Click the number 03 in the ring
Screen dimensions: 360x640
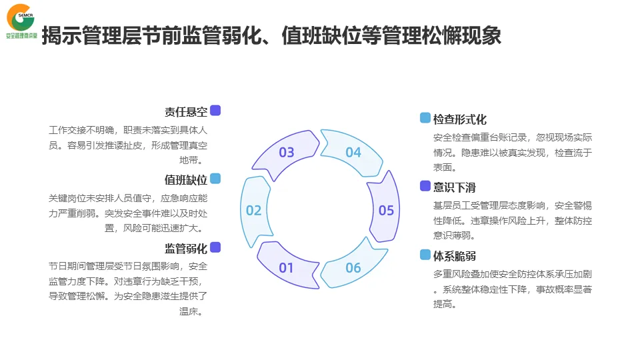(x=287, y=153)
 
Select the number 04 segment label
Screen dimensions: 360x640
(x=353, y=153)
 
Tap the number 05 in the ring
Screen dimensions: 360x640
(x=387, y=211)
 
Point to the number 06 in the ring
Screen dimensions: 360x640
(x=353, y=268)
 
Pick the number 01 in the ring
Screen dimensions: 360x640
(x=287, y=268)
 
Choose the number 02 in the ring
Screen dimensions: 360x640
(x=254, y=211)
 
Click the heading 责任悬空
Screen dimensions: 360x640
(x=186, y=111)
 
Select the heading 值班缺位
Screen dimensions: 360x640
(x=186, y=180)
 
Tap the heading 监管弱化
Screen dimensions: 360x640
(x=186, y=249)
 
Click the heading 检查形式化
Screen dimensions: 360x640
(x=460, y=119)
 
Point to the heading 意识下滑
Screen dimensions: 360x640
(x=455, y=187)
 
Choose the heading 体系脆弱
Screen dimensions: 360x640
(x=455, y=256)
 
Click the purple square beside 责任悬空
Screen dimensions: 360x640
(x=215, y=111)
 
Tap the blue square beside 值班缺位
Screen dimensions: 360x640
(x=215, y=179)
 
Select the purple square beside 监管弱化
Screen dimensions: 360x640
(x=215, y=247)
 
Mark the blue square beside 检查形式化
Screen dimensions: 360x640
(x=425, y=118)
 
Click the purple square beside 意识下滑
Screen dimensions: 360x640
(x=425, y=186)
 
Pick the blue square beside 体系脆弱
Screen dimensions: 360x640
(x=425, y=255)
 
